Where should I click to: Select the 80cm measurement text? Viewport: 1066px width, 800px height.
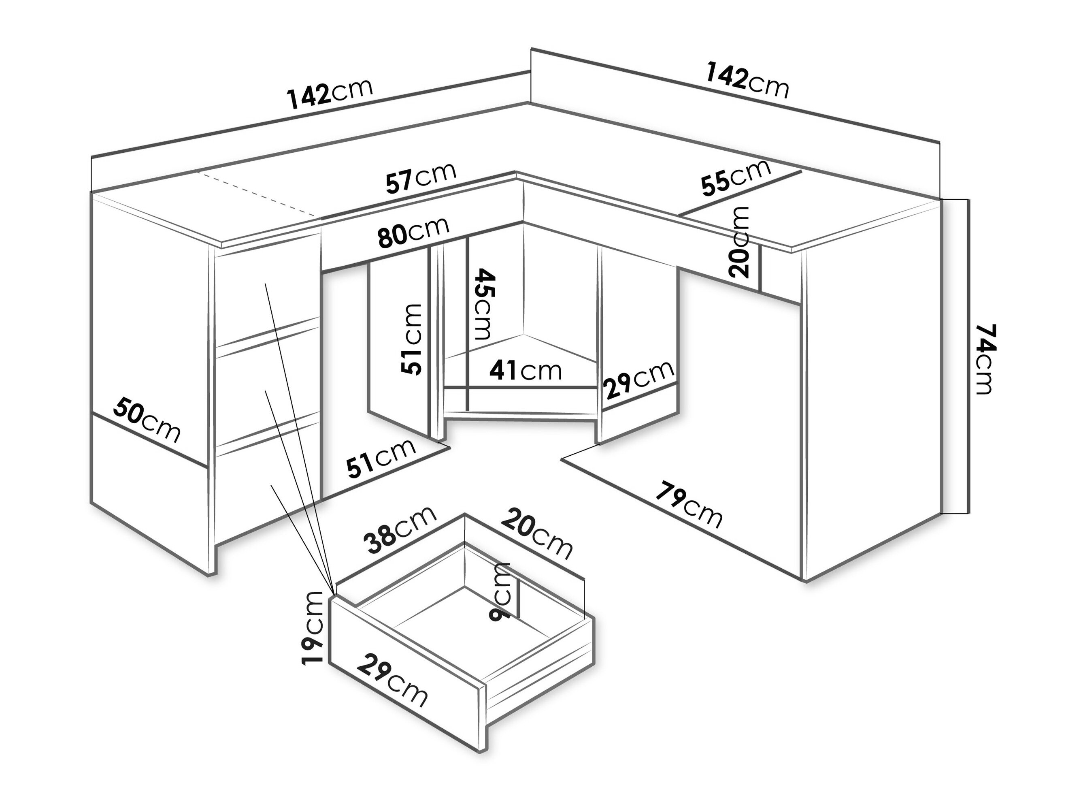pos(413,232)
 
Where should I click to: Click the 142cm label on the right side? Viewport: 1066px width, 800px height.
pos(747,81)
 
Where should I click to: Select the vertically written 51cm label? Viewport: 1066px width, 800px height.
pos(412,339)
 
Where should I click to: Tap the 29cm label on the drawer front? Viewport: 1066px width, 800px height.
pos(392,681)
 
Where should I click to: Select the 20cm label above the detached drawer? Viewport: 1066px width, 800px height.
pos(537,535)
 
